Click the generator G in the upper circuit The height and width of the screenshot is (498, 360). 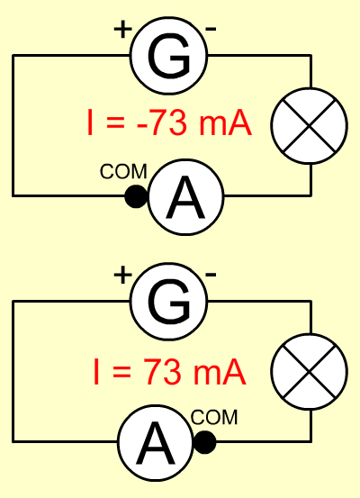(168, 56)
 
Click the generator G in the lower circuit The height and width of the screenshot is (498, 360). (168, 302)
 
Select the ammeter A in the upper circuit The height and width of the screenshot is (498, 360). (185, 197)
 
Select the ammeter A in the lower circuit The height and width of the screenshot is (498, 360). (156, 442)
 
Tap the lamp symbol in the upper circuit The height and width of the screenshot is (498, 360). (310, 126)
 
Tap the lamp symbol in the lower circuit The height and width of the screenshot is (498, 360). (310, 371)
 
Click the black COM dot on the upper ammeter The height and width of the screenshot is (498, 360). (137, 196)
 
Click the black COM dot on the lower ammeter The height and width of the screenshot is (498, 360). (205, 442)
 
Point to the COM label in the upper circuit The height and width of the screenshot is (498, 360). (123, 171)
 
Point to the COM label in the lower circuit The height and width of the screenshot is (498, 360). (214, 417)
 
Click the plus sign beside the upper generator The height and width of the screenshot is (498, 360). (123, 29)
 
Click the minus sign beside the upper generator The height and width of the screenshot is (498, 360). (211, 29)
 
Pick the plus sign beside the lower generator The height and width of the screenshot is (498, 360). (123, 275)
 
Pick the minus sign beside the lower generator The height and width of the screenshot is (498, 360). (211, 275)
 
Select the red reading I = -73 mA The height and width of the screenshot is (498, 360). (169, 122)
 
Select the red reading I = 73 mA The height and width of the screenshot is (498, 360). (170, 371)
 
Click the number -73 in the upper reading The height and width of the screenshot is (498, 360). (161, 122)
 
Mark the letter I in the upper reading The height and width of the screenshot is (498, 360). (90, 122)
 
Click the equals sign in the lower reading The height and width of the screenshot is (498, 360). (121, 372)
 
